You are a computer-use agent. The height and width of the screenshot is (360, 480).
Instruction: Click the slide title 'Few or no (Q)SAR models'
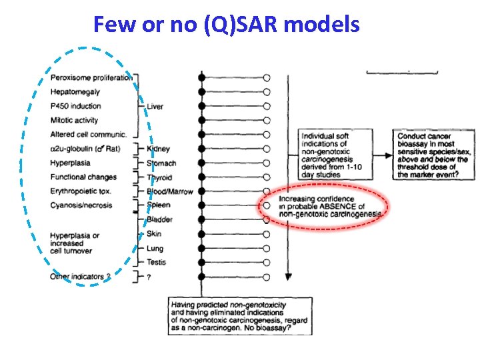pyautogui.click(x=227, y=25)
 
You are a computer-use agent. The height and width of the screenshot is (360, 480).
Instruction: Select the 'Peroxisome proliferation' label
pyautogui.click(x=91, y=77)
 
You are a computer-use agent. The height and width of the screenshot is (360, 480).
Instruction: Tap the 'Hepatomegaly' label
pyautogui.click(x=75, y=91)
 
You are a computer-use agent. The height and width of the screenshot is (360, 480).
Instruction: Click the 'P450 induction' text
pyautogui.click(x=76, y=106)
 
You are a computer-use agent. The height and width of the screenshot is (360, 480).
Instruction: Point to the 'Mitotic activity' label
pyautogui.click(x=74, y=120)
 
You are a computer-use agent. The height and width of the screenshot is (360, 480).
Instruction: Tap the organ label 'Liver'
pyautogui.click(x=155, y=107)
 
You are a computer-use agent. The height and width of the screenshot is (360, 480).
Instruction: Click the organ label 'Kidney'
pyautogui.click(x=158, y=149)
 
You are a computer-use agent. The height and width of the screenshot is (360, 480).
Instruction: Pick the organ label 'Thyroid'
pyautogui.click(x=159, y=177)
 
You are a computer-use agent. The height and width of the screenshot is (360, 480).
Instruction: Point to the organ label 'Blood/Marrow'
pyautogui.click(x=169, y=191)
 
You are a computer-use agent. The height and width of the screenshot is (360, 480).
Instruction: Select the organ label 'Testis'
pyautogui.click(x=156, y=263)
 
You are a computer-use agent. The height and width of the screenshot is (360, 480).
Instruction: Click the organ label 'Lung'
pyautogui.click(x=155, y=248)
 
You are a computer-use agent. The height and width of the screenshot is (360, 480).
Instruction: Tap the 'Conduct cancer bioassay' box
pyautogui.click(x=434, y=155)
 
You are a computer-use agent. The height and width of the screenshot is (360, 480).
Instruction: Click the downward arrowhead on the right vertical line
pyautogui.click(x=287, y=275)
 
